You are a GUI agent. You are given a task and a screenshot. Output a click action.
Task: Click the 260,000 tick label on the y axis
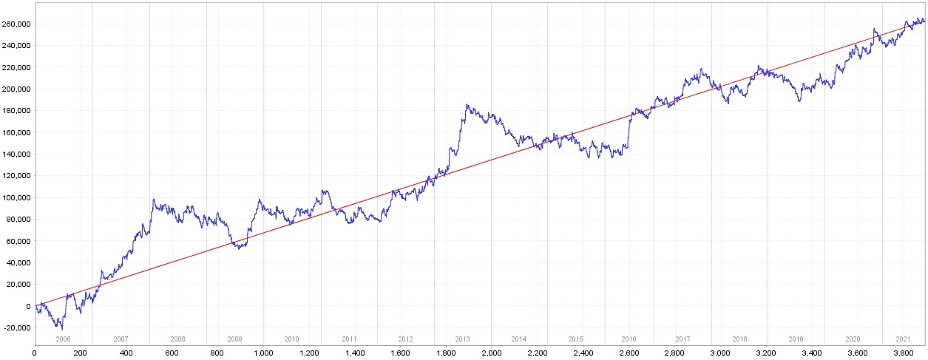coord(16,24)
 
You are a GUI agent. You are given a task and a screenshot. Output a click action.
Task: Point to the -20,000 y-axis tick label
coord(16,328)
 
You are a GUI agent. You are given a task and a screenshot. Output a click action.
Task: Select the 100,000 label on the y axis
coord(16,197)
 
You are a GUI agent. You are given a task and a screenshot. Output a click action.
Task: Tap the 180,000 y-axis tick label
coord(16,111)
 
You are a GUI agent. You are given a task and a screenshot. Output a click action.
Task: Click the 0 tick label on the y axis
coord(28,306)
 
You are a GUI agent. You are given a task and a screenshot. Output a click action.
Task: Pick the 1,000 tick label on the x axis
coord(263,353)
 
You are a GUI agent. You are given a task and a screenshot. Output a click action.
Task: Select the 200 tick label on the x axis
coord(81,353)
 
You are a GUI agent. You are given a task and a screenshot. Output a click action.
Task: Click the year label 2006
coord(64,339)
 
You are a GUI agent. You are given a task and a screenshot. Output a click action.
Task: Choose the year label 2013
coord(462,339)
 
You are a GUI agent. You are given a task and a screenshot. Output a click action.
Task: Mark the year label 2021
coord(903,339)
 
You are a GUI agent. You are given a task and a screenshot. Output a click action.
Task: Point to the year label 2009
coord(234,339)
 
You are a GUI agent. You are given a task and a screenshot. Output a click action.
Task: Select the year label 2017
coord(683,339)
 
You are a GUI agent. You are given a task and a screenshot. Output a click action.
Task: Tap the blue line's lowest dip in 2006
coord(61,329)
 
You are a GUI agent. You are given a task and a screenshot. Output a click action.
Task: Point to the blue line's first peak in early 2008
coord(153,199)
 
